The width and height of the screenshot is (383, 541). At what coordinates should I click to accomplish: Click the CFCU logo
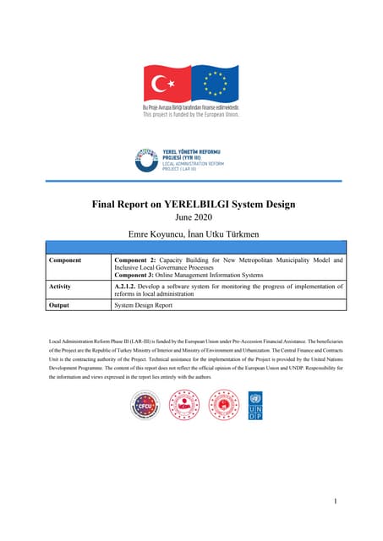tap(145, 406)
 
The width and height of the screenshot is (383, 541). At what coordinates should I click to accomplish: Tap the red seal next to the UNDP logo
tap(223, 406)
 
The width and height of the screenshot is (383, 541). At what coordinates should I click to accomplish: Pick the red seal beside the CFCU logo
tap(184, 406)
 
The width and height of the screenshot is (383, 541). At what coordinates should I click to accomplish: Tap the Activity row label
tap(64, 287)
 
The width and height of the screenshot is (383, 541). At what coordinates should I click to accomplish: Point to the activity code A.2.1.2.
tap(130, 287)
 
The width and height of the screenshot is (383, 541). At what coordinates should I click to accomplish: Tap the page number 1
tap(336, 501)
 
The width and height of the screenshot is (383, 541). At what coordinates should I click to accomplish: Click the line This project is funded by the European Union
tap(190, 115)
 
